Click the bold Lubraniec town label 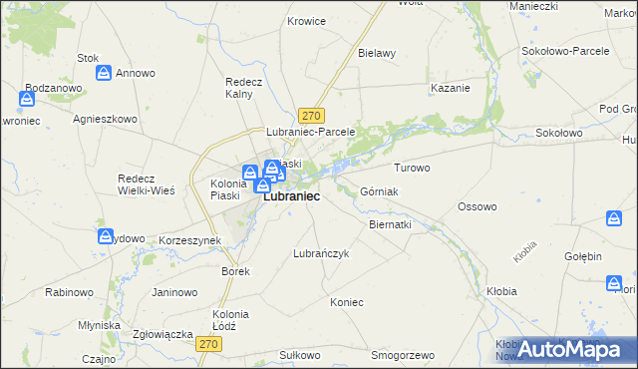tap(291, 197)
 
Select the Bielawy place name tap(377, 53)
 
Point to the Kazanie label tap(450, 88)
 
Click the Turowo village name tap(412, 168)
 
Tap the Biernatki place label tap(390, 225)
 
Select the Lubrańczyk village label tap(320, 253)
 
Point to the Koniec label tap(347, 302)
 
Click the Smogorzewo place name tap(403, 355)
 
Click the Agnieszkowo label tap(105, 118)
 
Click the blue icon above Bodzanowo tap(27, 100)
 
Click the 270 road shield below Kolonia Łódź tap(207, 344)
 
